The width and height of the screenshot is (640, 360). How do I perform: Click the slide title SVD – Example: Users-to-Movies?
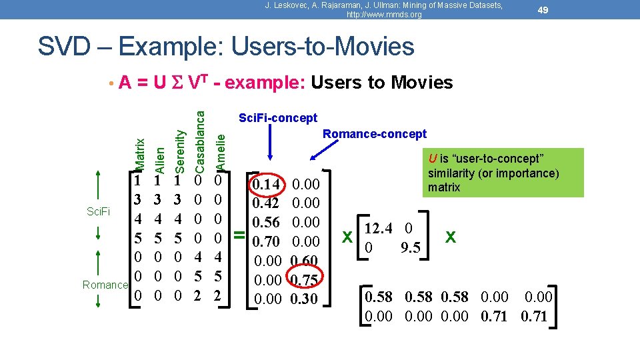(x=225, y=47)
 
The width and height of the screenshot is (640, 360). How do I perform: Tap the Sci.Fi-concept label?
(x=278, y=118)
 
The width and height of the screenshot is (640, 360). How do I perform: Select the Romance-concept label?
(x=374, y=134)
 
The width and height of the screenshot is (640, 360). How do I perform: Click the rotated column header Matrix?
(x=139, y=153)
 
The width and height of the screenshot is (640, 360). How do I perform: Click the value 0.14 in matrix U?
(x=270, y=184)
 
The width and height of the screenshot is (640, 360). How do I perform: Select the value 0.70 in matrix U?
(x=270, y=241)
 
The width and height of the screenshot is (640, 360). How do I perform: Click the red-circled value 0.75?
(x=306, y=279)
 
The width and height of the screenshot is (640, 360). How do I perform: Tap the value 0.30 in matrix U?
(x=306, y=299)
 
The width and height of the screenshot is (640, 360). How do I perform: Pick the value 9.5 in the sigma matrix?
(x=410, y=248)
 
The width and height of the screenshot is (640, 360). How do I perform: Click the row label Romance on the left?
(x=104, y=285)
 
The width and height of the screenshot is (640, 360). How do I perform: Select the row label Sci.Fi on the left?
(x=99, y=213)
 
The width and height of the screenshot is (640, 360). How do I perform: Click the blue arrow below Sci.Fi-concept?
(x=270, y=143)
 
